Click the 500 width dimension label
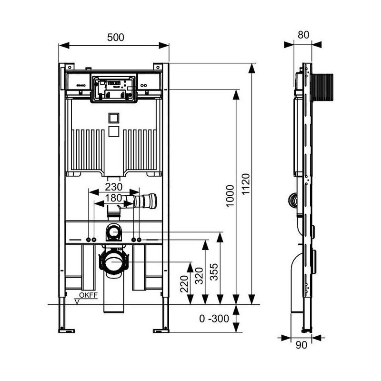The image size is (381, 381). pos(115,37)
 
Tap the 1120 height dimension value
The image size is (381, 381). pos(246,184)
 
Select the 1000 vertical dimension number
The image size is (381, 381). pos(230,196)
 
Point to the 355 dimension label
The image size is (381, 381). pos(214,272)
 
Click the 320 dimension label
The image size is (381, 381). pos(199,276)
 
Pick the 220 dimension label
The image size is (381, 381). pos(184,283)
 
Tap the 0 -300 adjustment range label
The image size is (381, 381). pos(214,318)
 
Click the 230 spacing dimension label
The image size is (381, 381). pos(113,187)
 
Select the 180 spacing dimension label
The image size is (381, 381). pos(113,198)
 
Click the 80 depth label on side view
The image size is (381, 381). pos(303,35)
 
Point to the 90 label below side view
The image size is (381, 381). pos(301,345)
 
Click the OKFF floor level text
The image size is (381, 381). pos(89,295)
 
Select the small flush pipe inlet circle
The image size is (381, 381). pos(113,232)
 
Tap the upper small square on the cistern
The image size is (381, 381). pos(114,118)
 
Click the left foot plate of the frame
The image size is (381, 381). pos(66,331)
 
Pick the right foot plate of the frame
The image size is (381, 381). pos(161,331)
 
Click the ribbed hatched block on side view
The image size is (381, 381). pos(322,87)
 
